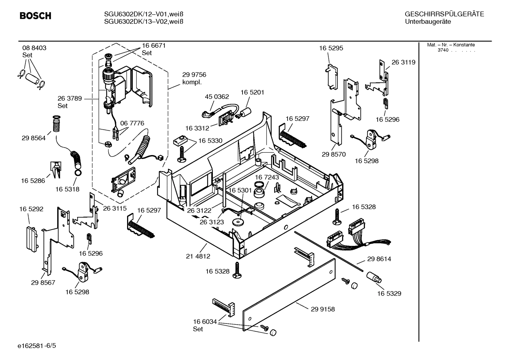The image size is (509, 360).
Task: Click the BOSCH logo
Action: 35,16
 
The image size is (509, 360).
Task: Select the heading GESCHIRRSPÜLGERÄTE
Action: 444,14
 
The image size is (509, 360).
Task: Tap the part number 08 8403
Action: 34,48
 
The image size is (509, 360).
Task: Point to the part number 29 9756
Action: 194,75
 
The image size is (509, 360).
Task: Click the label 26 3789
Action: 70,99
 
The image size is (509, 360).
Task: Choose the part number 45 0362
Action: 217,97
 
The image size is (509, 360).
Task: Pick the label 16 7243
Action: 267,177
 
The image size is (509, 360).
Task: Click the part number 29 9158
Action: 323,309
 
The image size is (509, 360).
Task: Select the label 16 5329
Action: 389,294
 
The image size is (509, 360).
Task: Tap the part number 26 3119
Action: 403,62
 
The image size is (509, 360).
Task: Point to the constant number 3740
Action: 443,50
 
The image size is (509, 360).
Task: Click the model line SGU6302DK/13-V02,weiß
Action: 143,22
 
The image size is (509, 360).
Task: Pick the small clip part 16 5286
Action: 56,170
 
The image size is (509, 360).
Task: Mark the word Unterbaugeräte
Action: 428,22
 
